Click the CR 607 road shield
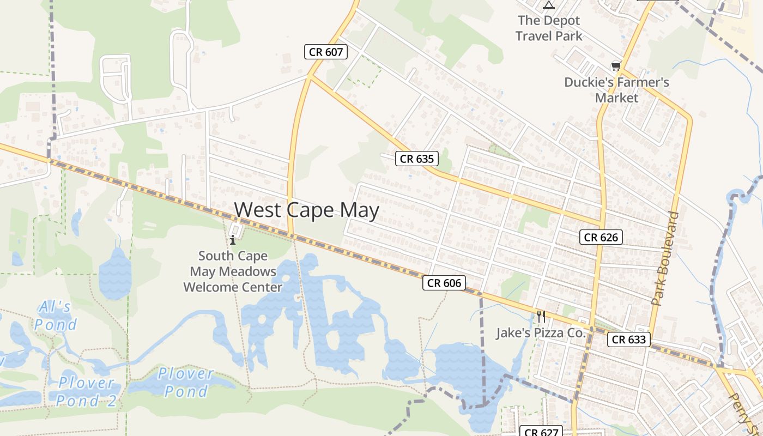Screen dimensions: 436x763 (x=325, y=52)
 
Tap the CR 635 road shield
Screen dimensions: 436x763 (x=417, y=159)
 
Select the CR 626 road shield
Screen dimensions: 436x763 (x=601, y=237)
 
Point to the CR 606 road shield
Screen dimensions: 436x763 (x=444, y=283)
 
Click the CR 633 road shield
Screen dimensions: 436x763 (x=628, y=340)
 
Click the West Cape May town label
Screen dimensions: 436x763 (x=306, y=210)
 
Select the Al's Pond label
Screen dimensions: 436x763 (x=55, y=316)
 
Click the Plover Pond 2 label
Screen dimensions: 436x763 (x=87, y=392)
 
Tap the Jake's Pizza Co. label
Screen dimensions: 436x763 (x=540, y=332)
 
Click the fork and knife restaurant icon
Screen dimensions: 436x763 (x=541, y=316)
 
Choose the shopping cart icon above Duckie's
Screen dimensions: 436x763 (x=616, y=66)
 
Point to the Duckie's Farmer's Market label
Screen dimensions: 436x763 (x=616, y=90)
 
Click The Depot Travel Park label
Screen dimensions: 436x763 (x=549, y=28)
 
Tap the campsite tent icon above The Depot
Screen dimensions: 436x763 (x=549, y=5)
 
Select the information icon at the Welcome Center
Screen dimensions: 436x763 (x=233, y=239)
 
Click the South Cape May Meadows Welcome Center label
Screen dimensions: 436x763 (x=233, y=271)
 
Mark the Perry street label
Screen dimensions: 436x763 (x=742, y=409)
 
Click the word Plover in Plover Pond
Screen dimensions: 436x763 (x=186, y=374)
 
